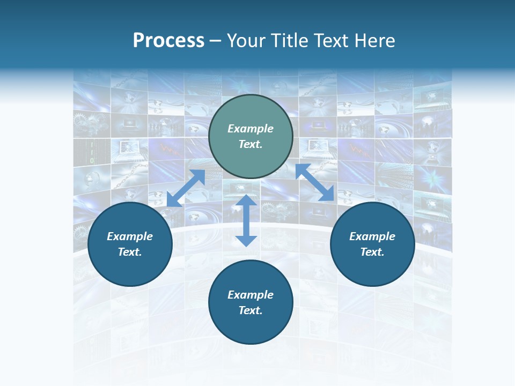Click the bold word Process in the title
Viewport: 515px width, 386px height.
[x=168, y=41]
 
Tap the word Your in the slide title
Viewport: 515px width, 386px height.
[x=246, y=41]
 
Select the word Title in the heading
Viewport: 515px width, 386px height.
[x=289, y=41]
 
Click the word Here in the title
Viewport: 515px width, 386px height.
[x=376, y=41]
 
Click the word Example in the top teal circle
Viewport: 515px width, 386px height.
[x=251, y=129]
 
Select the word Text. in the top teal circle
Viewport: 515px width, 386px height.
[x=251, y=144]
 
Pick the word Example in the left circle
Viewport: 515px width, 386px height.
[x=130, y=236]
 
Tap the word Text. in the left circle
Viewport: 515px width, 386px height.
[x=130, y=252]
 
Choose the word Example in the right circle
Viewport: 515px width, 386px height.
[x=372, y=236]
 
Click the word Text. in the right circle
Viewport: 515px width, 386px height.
[x=372, y=252]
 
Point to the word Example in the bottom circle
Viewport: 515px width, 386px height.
[x=251, y=295]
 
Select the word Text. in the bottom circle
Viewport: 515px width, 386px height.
[x=251, y=310]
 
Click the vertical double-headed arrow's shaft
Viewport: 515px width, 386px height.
[x=246, y=220]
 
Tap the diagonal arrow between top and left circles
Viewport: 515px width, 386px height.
[x=186, y=188]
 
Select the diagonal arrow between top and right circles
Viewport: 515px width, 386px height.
[x=315, y=183]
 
